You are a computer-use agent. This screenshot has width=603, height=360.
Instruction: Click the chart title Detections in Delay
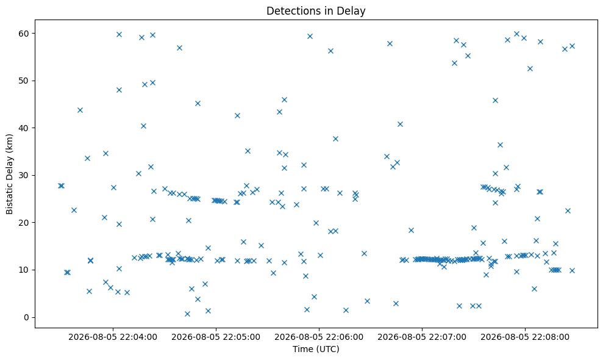click(x=316, y=11)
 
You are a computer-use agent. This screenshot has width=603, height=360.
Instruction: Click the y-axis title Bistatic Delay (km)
click(x=9, y=174)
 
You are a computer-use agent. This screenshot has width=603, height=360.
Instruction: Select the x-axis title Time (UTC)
click(x=316, y=349)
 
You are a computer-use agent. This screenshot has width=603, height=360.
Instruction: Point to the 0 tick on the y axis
click(x=27, y=317)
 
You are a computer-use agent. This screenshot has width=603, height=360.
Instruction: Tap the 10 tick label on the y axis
click(x=24, y=270)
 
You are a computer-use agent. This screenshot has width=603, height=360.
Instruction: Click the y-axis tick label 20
click(x=24, y=223)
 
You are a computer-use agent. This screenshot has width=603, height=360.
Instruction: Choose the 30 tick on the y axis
click(x=24, y=175)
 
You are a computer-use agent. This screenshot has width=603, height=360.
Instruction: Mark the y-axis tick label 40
click(x=24, y=128)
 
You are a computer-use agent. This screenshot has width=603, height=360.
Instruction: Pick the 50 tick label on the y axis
click(x=24, y=81)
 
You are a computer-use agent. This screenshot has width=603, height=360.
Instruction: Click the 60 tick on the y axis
click(x=24, y=34)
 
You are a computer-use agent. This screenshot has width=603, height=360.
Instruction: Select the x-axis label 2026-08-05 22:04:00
click(x=113, y=337)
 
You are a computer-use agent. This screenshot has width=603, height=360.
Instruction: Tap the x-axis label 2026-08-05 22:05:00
click(x=216, y=337)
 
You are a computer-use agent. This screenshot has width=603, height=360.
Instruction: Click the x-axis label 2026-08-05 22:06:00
click(x=319, y=337)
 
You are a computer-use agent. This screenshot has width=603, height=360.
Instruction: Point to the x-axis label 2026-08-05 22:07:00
click(x=422, y=337)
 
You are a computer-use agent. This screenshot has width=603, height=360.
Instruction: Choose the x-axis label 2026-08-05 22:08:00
click(x=525, y=337)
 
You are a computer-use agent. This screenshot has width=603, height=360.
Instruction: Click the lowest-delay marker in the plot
click(x=187, y=314)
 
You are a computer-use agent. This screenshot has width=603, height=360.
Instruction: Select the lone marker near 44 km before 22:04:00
click(x=80, y=110)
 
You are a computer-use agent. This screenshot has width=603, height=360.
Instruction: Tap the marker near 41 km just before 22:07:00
click(x=400, y=124)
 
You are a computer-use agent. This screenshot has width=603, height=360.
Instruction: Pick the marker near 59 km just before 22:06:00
click(x=310, y=37)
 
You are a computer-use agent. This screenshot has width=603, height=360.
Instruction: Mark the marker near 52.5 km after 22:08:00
click(x=530, y=68)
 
